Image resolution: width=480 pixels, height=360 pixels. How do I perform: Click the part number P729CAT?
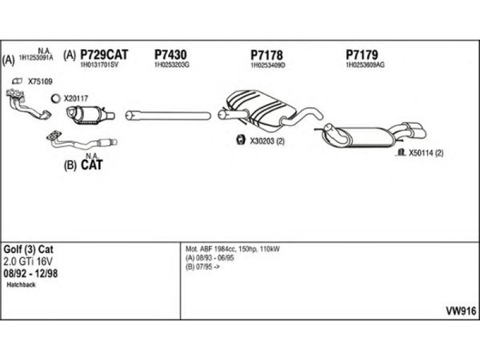point(104,55)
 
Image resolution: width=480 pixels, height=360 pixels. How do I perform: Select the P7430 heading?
point(170,55)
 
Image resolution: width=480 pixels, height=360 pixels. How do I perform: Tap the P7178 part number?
point(266,55)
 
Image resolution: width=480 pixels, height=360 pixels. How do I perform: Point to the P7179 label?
point(362,55)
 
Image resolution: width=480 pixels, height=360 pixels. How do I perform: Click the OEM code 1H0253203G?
point(172,64)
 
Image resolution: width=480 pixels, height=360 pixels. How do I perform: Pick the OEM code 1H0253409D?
point(268,64)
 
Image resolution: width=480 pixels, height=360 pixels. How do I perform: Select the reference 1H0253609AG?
point(365,64)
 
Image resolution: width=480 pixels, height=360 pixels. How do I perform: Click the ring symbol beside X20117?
point(56,98)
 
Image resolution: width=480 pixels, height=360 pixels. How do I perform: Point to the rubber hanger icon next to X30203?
point(238,140)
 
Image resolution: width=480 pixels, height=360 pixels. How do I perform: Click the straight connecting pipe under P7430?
point(167,114)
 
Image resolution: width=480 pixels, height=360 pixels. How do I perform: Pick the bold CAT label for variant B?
point(91,164)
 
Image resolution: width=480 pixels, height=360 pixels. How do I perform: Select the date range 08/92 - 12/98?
point(31,273)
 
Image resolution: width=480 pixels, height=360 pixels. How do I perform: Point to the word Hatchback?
point(22,285)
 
